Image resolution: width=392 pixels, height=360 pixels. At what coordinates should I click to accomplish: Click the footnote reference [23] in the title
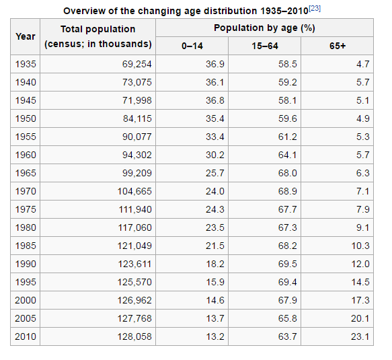315,9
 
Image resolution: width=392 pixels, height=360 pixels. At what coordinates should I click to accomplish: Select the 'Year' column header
26,36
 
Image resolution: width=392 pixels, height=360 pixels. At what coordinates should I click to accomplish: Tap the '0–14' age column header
192,46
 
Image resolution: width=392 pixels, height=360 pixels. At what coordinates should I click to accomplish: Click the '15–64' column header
265,46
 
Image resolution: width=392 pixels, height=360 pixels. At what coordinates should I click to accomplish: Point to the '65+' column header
338,46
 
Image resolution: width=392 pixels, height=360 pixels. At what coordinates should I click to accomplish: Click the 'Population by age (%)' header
264,28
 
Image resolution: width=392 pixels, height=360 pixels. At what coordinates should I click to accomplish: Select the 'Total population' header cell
98,36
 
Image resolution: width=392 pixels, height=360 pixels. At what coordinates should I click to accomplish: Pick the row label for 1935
26,64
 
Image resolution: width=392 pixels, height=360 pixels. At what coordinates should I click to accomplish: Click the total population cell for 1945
137,100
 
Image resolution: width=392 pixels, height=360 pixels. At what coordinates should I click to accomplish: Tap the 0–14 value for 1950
215,118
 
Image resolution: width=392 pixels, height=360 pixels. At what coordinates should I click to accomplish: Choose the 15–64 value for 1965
288,173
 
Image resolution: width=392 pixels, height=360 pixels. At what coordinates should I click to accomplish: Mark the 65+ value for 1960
362,155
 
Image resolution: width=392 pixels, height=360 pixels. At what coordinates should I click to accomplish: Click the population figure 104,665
134,191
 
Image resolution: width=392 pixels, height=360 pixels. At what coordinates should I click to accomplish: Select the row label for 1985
26,246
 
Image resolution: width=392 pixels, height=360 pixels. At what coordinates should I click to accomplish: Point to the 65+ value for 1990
360,264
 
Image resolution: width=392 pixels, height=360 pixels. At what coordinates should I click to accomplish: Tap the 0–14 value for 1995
215,282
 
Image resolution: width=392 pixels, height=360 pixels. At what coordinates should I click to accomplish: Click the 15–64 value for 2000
288,300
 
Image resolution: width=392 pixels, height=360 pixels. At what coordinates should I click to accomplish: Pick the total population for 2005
134,318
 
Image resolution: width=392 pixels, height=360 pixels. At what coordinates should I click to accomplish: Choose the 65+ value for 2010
360,336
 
